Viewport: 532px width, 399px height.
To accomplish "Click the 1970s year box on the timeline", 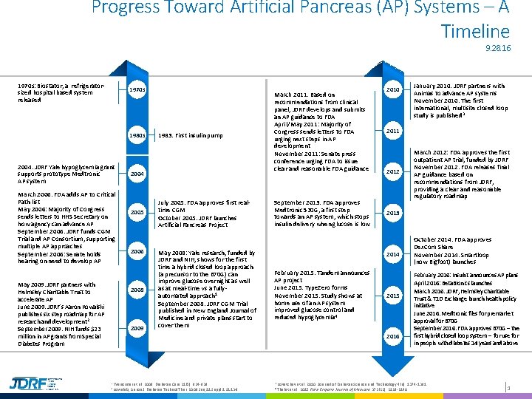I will pos(137,89).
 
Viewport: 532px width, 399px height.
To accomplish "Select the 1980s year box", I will pos(137,136).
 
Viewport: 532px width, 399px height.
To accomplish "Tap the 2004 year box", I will pos(137,174).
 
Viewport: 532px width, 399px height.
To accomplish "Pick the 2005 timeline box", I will pos(137,213).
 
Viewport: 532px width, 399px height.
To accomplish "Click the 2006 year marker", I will pos(137,252).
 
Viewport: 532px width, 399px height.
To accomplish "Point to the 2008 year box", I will pos(137,290).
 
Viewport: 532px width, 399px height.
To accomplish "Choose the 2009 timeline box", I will pos(137,327).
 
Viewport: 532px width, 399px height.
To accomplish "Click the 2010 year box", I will pos(392,90).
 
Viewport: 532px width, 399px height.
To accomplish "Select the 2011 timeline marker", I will pos(392,131).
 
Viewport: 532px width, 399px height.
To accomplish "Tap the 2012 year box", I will pos(392,172).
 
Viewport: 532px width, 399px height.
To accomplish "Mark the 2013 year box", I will pos(392,213).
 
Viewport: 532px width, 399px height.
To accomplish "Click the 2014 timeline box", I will pos(392,255).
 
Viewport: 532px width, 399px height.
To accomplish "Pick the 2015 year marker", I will pos(392,296).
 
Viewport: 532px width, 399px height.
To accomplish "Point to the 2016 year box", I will pos(392,336).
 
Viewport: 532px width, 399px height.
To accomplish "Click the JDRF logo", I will pos(30,383).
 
